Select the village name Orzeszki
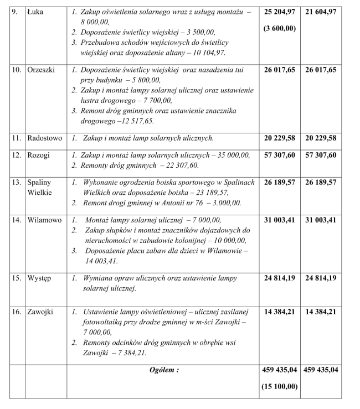point(42,71)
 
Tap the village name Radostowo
point(45,138)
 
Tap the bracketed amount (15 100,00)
point(279,387)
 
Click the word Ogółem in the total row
point(163,370)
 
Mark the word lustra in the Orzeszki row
point(92,101)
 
